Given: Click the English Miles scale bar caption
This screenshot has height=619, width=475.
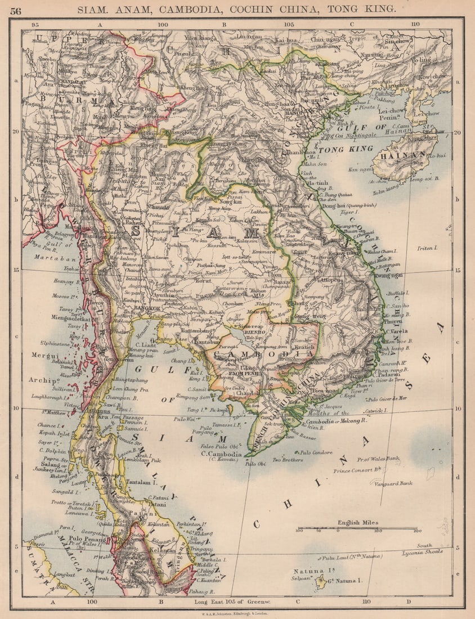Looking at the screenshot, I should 357,523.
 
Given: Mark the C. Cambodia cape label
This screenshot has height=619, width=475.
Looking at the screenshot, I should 222,454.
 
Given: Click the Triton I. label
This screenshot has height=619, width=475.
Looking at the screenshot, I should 428,248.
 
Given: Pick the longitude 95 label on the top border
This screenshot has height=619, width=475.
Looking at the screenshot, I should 35,25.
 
